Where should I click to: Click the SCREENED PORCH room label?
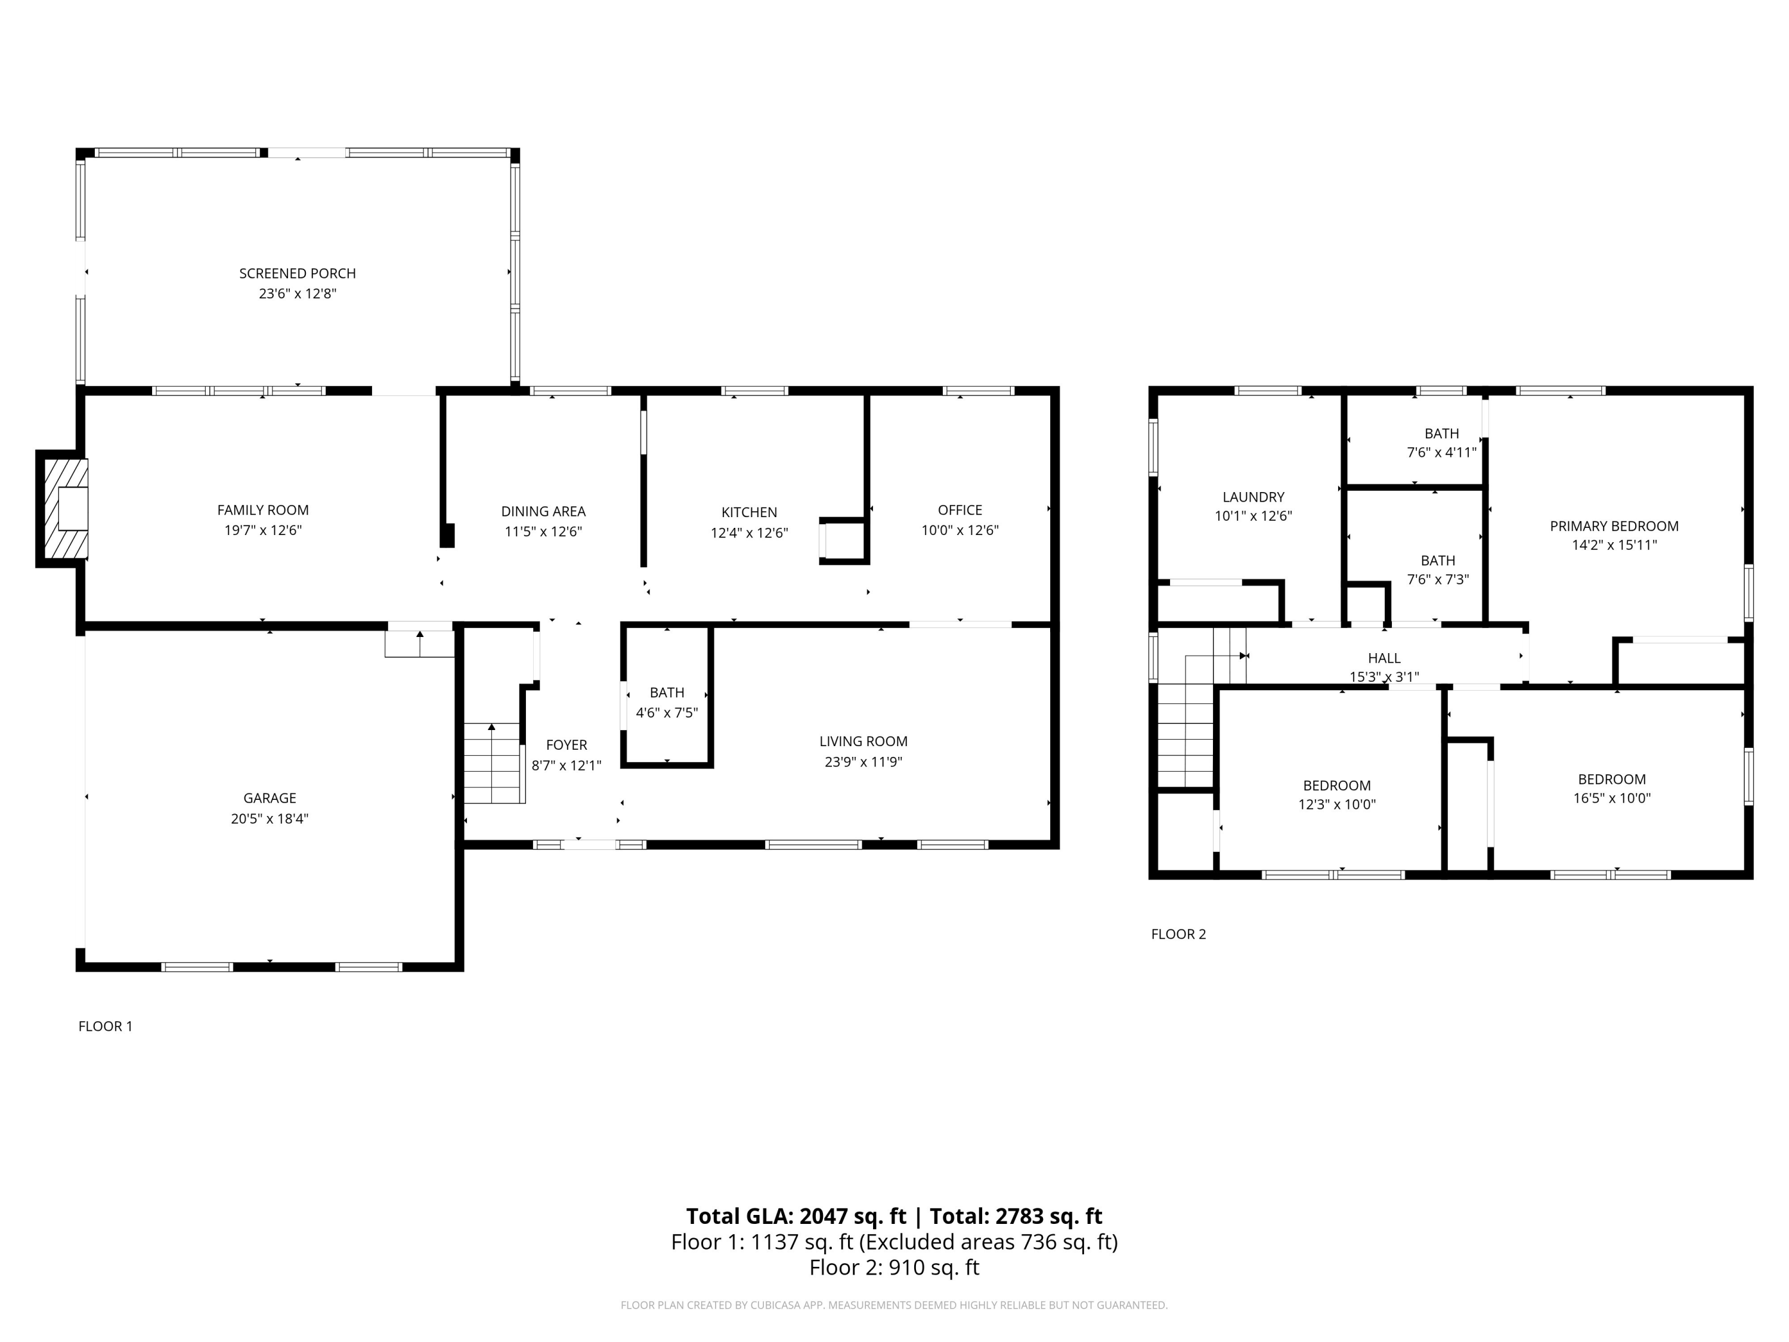click(x=297, y=273)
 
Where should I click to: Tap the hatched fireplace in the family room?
click(x=64, y=508)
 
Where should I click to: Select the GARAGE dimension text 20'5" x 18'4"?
click(x=270, y=818)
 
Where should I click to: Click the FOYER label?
click(x=566, y=745)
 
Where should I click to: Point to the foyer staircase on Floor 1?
click(x=492, y=763)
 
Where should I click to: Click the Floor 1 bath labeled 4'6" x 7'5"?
click(x=667, y=702)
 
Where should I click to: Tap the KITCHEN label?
click(x=749, y=512)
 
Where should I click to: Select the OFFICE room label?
click(x=960, y=509)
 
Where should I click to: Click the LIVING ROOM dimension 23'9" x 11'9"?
click(x=863, y=761)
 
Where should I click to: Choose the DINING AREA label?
click(x=543, y=511)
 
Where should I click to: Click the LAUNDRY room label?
click(x=1253, y=497)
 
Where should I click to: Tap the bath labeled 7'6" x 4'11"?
click(x=1441, y=443)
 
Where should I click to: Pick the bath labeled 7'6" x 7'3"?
click(x=1437, y=570)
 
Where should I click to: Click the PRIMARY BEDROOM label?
click(x=1614, y=526)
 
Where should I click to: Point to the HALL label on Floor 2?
click(x=1384, y=658)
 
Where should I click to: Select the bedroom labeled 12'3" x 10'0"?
click(x=1336, y=794)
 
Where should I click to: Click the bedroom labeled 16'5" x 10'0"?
click(x=1611, y=788)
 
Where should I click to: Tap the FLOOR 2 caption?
click(x=1178, y=934)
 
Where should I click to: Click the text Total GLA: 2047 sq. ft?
click(x=796, y=1216)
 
